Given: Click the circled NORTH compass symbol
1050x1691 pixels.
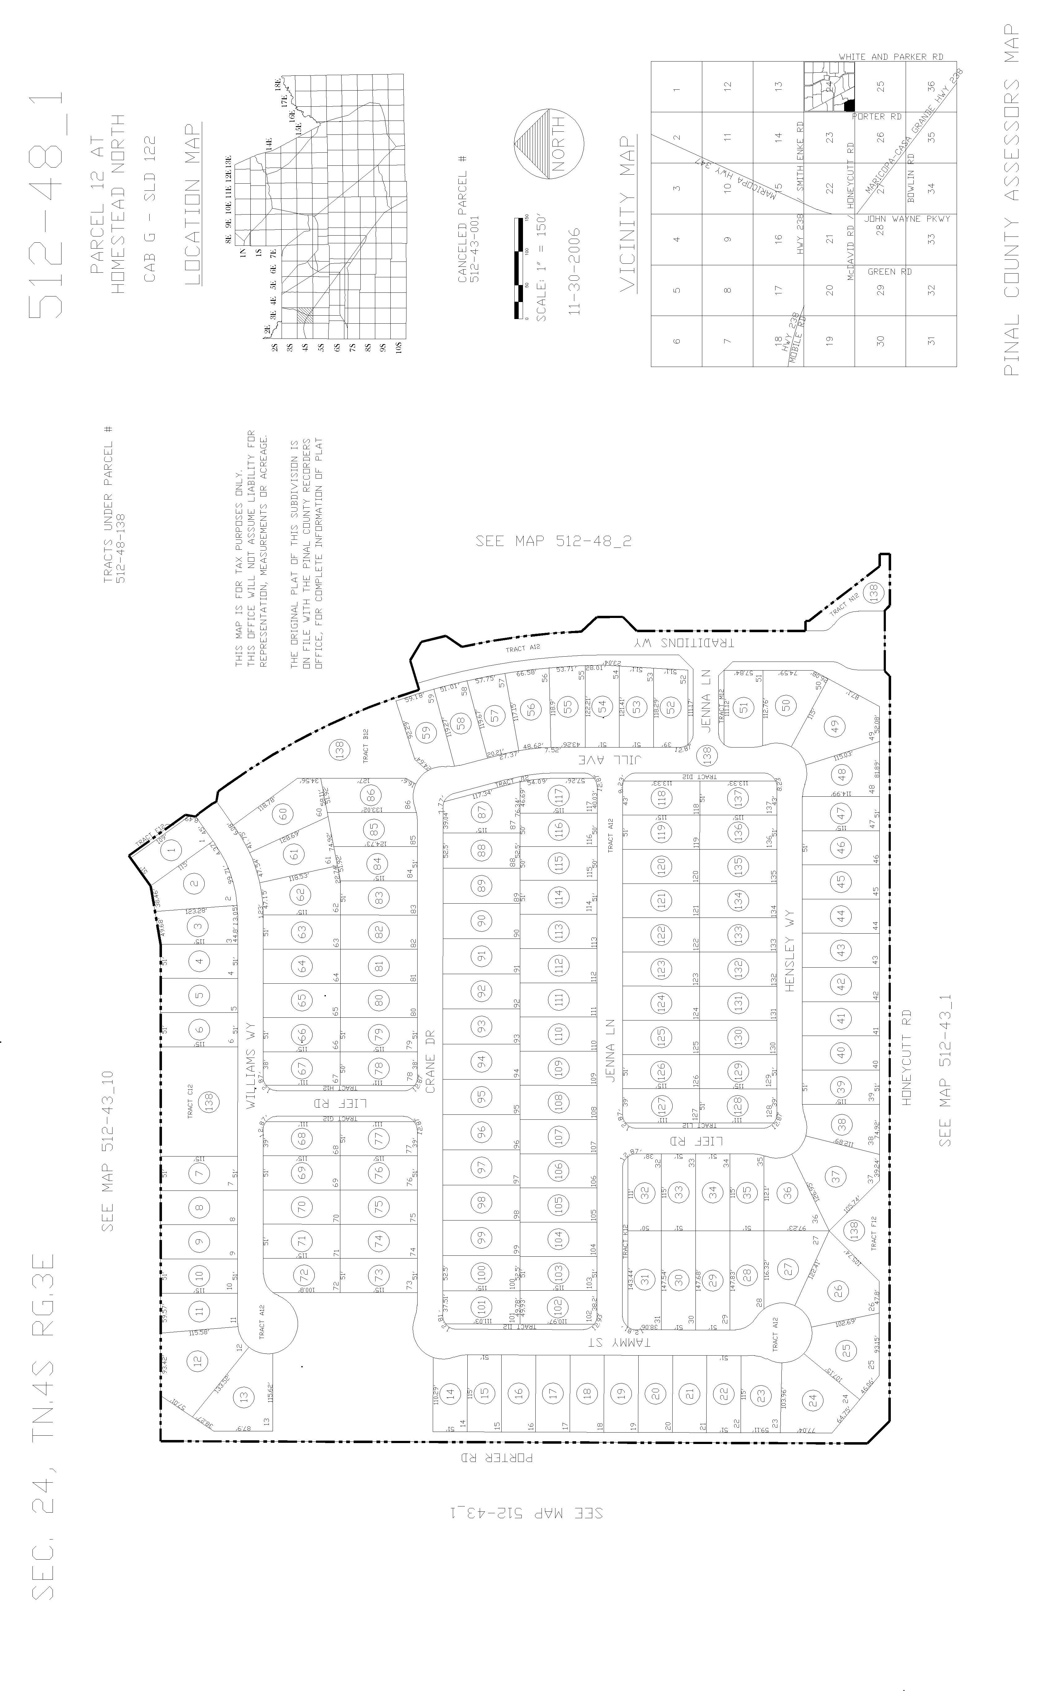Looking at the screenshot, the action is tap(549, 144).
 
